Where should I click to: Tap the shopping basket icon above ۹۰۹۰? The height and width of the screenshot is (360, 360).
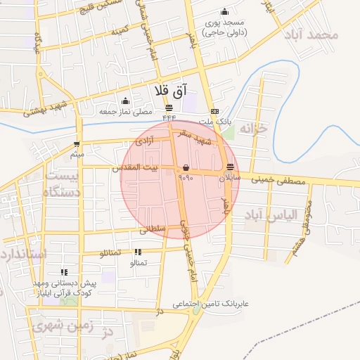(x=186, y=167)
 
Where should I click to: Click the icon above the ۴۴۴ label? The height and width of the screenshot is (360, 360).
(x=169, y=108)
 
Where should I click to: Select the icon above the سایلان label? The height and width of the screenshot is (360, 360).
(x=231, y=167)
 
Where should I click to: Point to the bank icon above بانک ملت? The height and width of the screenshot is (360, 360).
(x=214, y=112)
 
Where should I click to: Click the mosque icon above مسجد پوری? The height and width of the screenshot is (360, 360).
(x=224, y=11)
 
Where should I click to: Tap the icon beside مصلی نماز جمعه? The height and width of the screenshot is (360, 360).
(x=125, y=101)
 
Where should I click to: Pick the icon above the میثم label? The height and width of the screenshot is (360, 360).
(x=76, y=143)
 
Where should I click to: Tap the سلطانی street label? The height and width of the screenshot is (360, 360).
(x=153, y=229)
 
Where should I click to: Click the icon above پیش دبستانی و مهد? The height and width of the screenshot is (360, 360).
(x=64, y=272)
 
